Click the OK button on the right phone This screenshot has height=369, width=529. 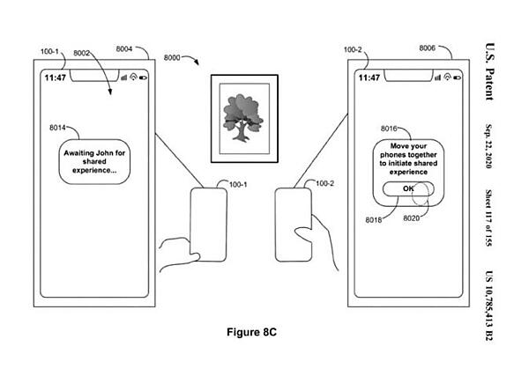406,189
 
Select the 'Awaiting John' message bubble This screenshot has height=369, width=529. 102,159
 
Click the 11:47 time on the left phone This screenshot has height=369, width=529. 54,77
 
